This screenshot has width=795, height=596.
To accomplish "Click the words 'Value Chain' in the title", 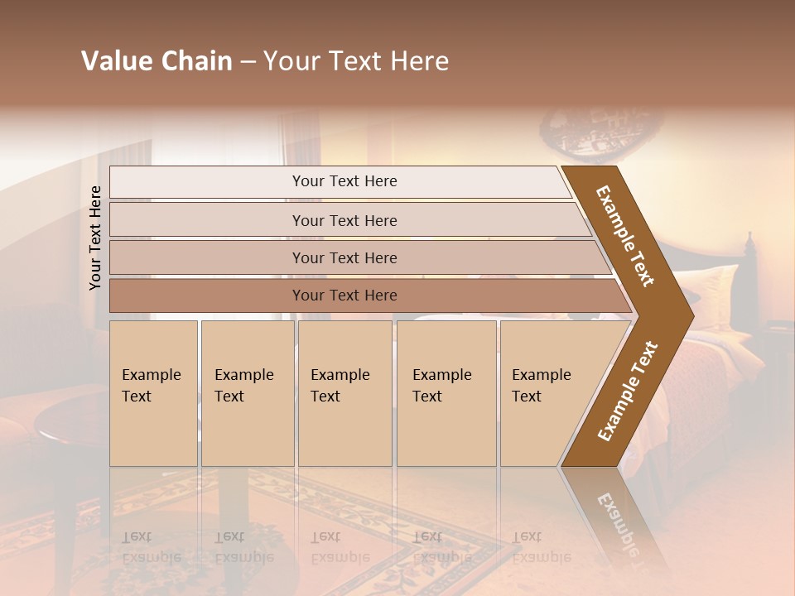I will click(157, 61).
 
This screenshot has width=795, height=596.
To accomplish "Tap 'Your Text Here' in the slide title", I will click(356, 61).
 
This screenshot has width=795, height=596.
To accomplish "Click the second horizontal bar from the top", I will click(344, 220).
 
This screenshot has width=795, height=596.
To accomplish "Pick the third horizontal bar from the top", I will click(344, 257).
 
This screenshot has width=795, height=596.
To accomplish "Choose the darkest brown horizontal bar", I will click(344, 296).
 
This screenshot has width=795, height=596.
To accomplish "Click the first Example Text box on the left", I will click(153, 393).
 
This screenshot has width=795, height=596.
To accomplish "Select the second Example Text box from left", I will click(247, 393).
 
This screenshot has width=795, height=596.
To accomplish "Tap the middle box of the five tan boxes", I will click(344, 393).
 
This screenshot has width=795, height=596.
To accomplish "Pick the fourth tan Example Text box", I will click(446, 393).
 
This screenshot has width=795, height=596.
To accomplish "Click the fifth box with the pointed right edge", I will click(547, 393).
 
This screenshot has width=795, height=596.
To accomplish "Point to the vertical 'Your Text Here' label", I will click(95, 238).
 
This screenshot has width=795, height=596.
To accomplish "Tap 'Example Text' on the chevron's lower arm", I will click(628, 392).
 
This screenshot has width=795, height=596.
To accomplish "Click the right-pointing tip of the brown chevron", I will click(689, 315).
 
